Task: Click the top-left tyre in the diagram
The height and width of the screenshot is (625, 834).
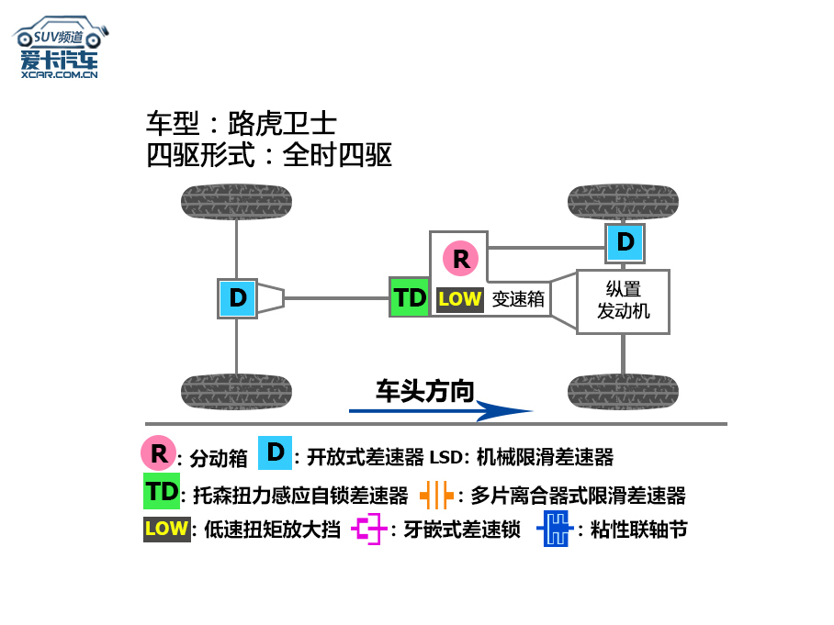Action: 236,201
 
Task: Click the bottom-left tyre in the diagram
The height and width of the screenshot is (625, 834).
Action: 236,392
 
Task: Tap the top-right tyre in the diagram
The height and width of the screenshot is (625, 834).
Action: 624,201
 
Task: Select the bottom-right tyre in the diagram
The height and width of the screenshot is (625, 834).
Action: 624,392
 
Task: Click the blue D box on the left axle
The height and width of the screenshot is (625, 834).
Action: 237,298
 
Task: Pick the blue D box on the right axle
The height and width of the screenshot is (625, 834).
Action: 625,242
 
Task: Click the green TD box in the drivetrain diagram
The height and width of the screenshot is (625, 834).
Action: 410,297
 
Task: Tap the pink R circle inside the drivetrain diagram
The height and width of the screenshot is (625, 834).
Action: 460,259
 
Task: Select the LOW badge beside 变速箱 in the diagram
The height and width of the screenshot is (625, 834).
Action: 460,299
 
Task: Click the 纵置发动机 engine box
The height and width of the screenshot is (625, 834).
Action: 623,301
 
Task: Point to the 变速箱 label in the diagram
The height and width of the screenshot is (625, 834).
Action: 518,299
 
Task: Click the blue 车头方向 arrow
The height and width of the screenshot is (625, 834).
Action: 441,410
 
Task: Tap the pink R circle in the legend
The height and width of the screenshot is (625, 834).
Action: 158,452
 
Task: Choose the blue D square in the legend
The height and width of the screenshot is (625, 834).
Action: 276,452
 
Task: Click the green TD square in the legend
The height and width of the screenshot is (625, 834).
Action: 162,491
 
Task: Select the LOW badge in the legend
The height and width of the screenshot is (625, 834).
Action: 166,529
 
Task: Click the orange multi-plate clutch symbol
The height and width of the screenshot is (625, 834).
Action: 437,495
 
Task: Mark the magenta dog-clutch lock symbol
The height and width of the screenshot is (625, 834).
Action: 370,530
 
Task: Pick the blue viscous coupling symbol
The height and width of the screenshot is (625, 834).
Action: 554,530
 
